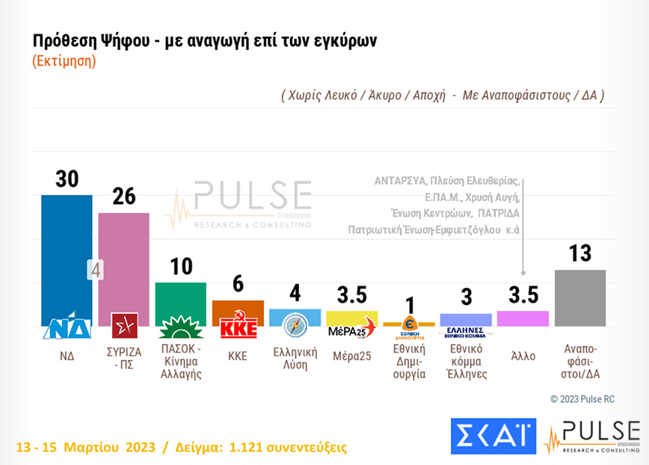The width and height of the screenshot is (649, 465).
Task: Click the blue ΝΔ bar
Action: (67, 254)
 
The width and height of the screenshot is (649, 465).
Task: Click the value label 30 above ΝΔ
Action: (67, 179)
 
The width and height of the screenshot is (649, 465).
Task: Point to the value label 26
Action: (124, 197)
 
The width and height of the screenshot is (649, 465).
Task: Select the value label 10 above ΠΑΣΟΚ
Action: (181, 266)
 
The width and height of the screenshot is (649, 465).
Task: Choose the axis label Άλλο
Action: (523, 356)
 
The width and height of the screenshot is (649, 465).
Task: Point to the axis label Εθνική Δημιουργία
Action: (409, 361)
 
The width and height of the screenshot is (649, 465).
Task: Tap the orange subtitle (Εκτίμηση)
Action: (64, 61)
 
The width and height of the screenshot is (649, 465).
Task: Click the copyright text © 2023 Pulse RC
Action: (582, 399)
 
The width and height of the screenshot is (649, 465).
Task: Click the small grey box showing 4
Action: (95, 270)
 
